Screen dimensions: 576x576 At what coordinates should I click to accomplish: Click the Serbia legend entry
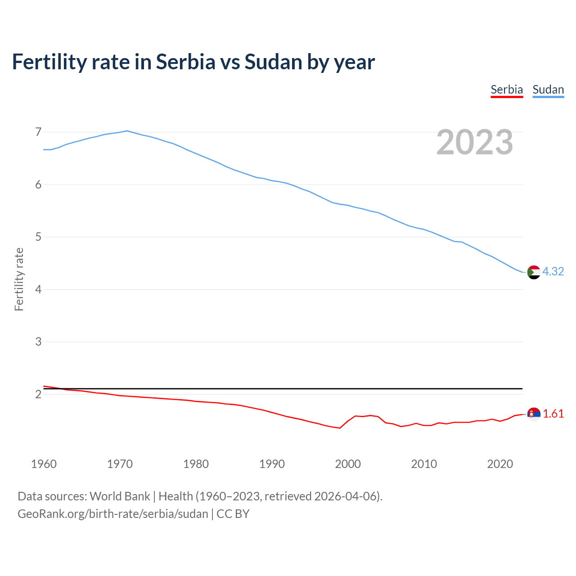click(507, 90)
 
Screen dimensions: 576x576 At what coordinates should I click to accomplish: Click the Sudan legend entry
click(548, 90)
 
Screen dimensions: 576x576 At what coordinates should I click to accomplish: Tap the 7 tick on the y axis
click(38, 132)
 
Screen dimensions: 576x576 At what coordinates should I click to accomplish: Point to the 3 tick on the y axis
click(38, 342)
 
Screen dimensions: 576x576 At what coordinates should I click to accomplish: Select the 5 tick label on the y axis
click(38, 237)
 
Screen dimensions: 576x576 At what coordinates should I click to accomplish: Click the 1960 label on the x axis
click(44, 464)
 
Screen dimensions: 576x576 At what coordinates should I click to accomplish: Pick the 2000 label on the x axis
click(348, 464)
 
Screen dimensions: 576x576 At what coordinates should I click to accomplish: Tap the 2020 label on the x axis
click(500, 464)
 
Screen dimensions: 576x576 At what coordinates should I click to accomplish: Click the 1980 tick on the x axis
click(196, 464)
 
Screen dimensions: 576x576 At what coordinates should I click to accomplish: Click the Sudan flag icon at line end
click(534, 272)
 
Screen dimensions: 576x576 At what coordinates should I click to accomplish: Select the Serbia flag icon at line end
click(534, 414)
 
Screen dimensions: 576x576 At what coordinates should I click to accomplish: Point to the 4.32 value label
click(553, 271)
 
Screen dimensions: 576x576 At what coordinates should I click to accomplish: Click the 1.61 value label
click(553, 414)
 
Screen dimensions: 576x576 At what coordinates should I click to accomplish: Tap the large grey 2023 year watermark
click(475, 142)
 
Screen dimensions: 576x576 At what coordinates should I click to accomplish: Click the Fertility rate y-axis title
click(19, 279)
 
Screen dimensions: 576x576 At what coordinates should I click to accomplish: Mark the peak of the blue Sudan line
click(127, 130)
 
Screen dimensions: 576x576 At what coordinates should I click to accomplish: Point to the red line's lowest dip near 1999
click(340, 428)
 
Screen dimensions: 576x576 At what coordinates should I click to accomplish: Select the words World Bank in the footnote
click(120, 496)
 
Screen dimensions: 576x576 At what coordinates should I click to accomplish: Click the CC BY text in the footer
click(233, 513)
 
